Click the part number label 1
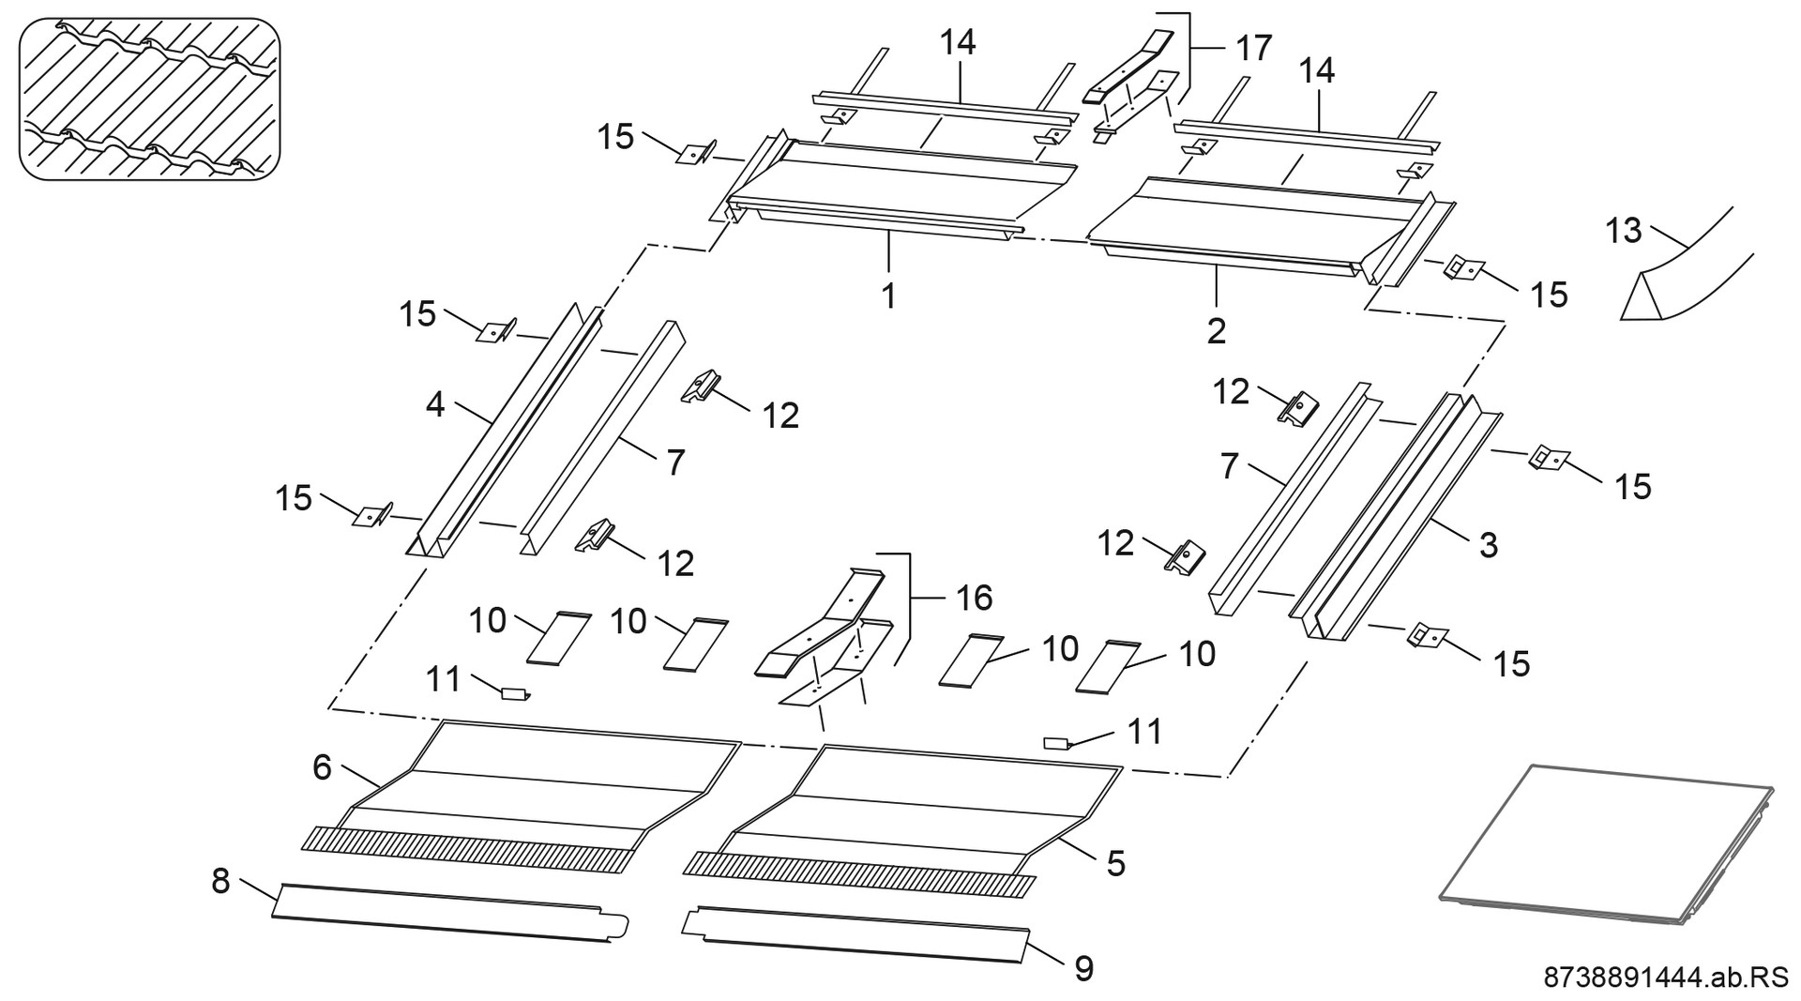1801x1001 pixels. click(x=887, y=296)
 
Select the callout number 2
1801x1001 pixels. click(x=1216, y=330)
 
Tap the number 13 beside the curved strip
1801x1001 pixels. click(x=1624, y=231)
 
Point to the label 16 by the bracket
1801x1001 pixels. click(x=975, y=598)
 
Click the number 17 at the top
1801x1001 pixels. click(x=1253, y=47)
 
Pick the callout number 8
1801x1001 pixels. click(x=220, y=882)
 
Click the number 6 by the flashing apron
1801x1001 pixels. click(x=322, y=767)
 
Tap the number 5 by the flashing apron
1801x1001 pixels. click(x=1114, y=863)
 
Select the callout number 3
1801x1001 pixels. click(x=1489, y=545)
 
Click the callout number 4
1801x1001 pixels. click(x=434, y=404)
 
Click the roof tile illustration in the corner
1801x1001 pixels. click(x=150, y=99)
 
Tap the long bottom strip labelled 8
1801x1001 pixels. click(x=450, y=913)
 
